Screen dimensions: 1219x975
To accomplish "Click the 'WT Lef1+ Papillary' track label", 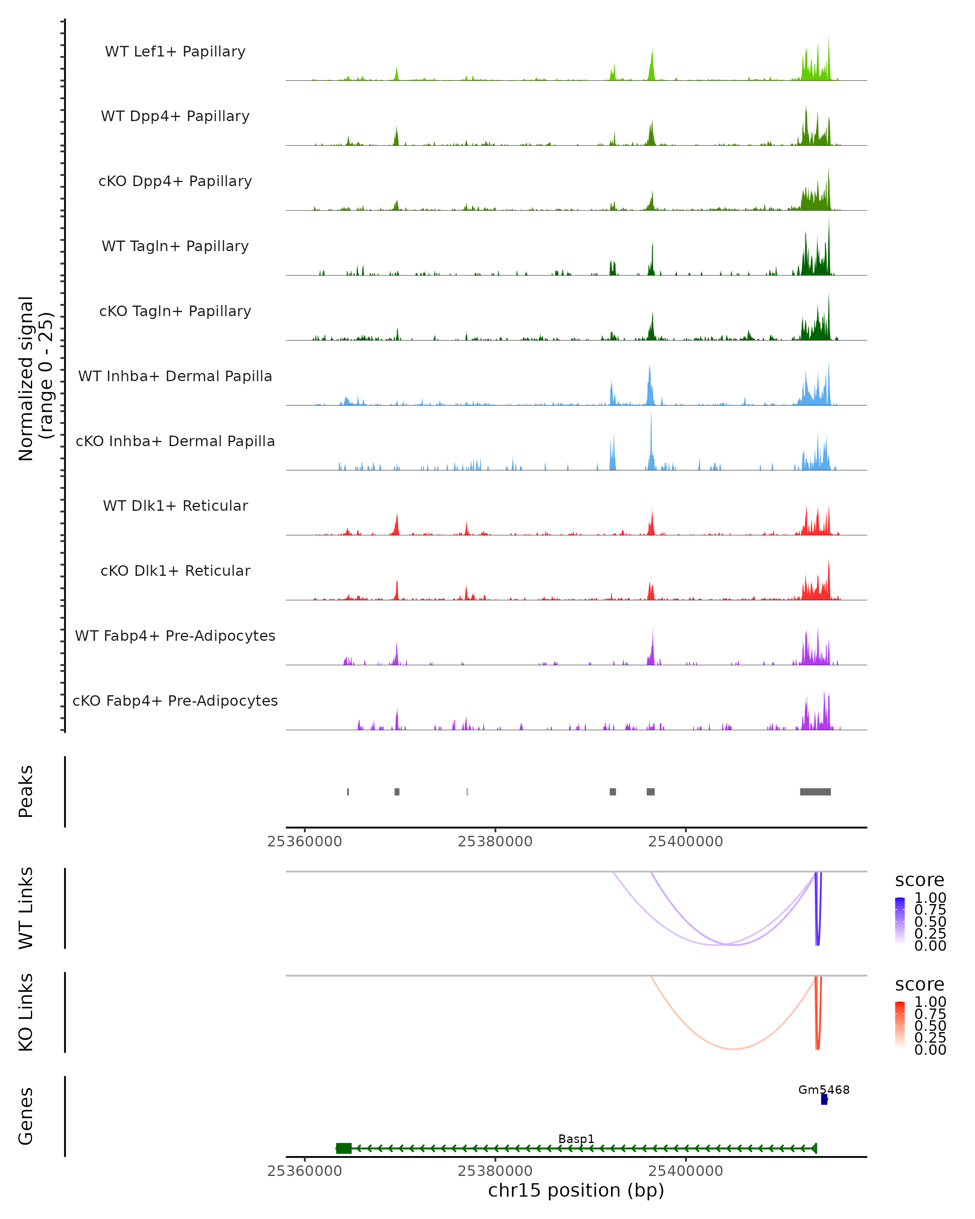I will click(175, 52).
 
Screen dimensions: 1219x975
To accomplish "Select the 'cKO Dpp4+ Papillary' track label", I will click(175, 182).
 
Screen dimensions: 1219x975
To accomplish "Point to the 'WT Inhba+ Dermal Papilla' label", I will click(175, 377).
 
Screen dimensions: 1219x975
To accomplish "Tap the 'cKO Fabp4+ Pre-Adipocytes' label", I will click(175, 701).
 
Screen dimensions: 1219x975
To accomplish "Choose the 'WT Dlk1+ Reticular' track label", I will click(175, 506).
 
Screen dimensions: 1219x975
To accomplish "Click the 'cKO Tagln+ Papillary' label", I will click(175, 312).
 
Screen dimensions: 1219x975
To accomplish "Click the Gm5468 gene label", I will click(823, 1090).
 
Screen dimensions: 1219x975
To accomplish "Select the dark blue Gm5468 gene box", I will click(824, 1100).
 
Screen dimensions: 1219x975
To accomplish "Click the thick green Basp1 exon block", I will click(344, 1148).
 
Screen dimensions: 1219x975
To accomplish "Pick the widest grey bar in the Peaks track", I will click(815, 792).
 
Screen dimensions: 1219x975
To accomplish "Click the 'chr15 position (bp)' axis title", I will click(576, 1191).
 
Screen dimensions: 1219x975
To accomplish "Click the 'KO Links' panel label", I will click(26, 1013).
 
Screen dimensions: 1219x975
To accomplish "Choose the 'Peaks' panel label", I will click(26, 792).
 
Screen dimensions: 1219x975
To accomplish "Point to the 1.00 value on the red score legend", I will click(930, 1002).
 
